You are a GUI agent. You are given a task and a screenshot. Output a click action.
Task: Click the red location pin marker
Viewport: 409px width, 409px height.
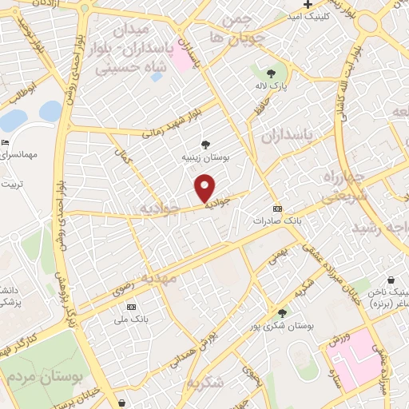(x=206, y=187)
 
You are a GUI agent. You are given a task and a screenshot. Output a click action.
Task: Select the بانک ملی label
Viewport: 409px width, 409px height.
(x=130, y=319)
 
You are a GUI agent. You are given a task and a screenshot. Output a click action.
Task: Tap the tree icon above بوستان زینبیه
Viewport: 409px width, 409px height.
(x=207, y=145)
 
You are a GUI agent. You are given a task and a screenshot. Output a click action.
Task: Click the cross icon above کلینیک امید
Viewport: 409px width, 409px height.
(x=308, y=5)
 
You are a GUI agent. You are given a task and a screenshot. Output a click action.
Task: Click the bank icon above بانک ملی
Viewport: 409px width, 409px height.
(x=131, y=308)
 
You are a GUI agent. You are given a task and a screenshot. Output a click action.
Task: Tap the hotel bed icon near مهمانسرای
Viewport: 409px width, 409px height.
(x=6, y=143)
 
